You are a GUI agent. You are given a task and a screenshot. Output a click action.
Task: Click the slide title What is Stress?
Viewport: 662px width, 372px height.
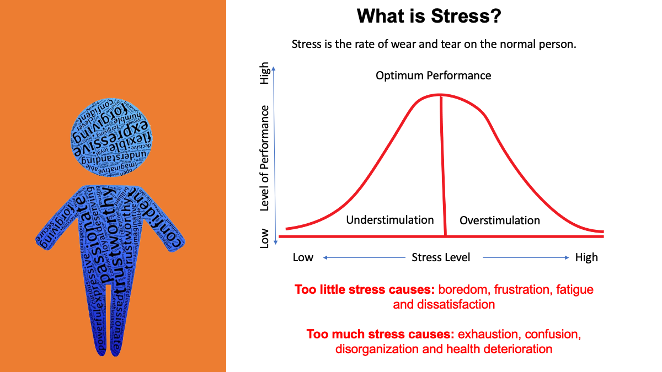[429, 15]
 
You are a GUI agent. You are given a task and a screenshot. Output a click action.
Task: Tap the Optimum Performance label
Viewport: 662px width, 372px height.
[433, 75]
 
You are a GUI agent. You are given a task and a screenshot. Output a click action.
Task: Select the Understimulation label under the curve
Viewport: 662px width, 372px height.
[390, 220]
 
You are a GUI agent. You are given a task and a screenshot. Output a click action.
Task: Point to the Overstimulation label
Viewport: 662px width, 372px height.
[500, 220]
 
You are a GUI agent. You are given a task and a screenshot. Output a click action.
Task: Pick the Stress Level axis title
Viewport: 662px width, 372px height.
[441, 257]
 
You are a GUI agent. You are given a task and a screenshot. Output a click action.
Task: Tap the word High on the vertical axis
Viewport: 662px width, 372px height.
[265, 73]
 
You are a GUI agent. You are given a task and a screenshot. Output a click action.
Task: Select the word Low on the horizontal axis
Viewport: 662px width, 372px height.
[303, 257]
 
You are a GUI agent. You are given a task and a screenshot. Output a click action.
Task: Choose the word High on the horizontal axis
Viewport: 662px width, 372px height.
[586, 257]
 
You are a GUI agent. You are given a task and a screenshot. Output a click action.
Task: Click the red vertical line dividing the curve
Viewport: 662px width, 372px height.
[443, 165]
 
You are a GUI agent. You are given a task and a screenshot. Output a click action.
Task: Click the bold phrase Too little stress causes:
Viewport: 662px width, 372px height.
[362, 289]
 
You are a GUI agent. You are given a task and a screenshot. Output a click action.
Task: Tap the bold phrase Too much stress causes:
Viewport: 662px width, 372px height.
[380, 334]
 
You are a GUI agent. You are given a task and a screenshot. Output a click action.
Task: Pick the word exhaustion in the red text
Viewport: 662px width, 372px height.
[489, 334]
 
